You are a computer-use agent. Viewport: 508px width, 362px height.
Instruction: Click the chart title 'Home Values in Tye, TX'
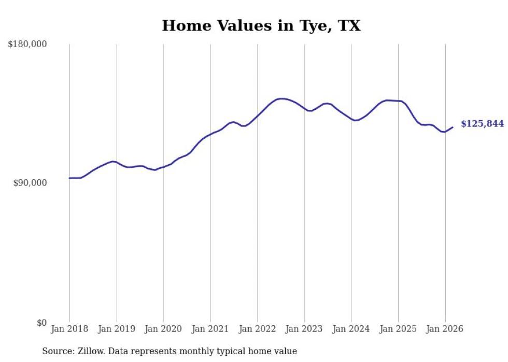point(261,25)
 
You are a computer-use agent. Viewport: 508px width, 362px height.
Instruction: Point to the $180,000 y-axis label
point(27,45)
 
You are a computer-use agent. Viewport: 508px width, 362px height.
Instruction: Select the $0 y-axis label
point(41,323)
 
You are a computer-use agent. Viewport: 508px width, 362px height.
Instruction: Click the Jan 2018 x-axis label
point(69,329)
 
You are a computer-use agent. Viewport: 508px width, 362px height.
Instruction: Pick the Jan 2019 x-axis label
point(117,329)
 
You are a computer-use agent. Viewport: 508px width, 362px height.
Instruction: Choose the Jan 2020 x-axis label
point(163,329)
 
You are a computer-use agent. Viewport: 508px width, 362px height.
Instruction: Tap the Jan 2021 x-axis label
point(210,329)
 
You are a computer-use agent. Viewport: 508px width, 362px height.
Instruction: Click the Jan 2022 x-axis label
point(258,329)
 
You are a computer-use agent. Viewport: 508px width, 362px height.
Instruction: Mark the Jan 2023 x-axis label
point(304,329)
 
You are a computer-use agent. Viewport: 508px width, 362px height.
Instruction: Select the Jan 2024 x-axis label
point(351,329)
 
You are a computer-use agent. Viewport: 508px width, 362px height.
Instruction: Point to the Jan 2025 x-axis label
point(398,329)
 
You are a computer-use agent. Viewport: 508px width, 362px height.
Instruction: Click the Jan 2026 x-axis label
point(445,329)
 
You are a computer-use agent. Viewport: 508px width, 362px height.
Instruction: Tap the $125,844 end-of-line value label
point(482,124)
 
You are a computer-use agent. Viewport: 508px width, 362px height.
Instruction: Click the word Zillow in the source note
point(90,352)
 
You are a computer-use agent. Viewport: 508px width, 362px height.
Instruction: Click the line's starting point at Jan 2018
point(69,178)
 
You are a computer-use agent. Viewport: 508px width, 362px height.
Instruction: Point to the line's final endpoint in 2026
point(453,127)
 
